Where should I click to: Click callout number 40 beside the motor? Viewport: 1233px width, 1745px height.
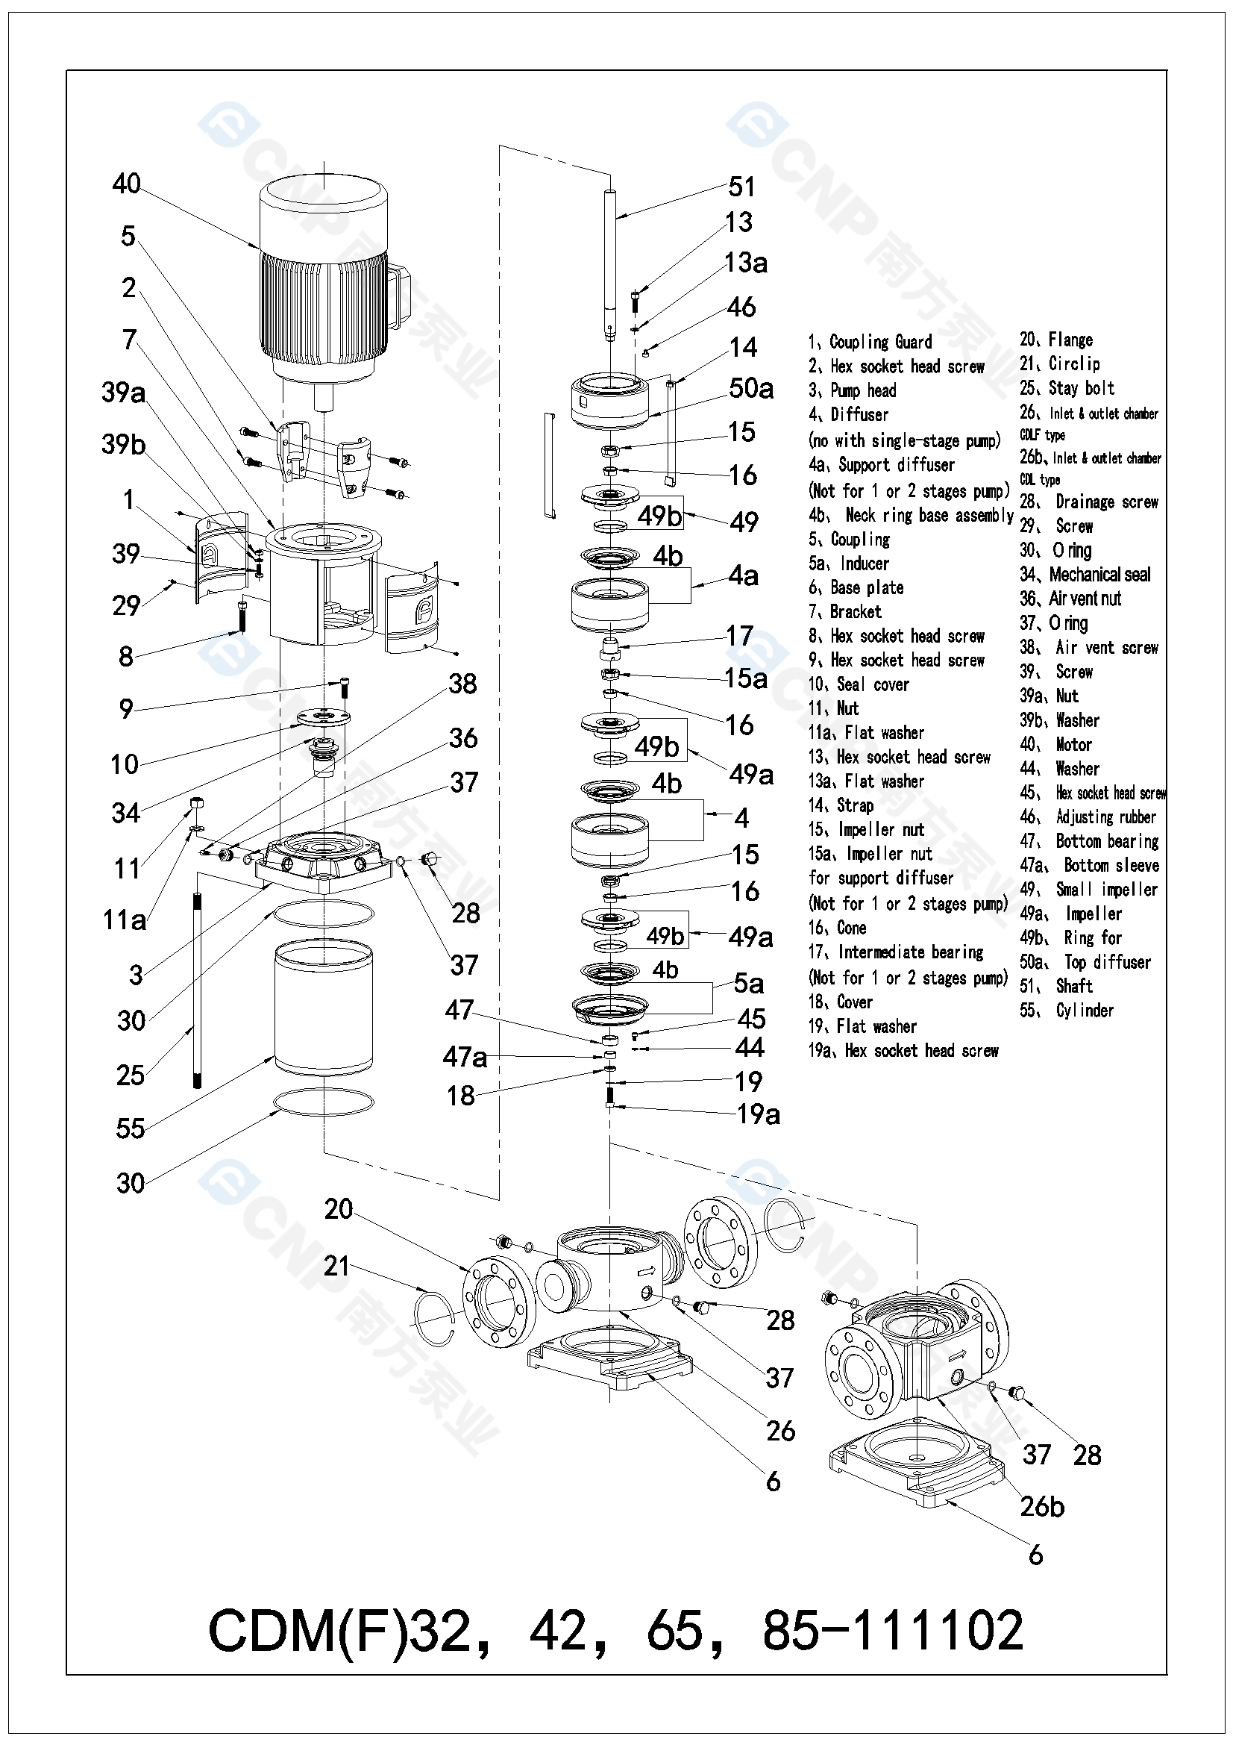(126, 183)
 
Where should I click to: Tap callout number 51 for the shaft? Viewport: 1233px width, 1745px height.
(741, 186)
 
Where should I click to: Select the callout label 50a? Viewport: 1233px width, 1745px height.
(750, 388)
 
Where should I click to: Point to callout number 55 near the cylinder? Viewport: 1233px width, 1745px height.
(130, 1129)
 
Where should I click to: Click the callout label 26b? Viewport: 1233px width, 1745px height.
(1041, 1506)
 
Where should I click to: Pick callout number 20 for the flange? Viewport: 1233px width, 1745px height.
(338, 1208)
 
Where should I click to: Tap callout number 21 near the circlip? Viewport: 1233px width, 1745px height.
(336, 1265)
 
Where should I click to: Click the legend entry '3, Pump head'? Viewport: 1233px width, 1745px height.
(852, 390)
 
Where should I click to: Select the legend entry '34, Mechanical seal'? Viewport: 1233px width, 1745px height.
(1085, 575)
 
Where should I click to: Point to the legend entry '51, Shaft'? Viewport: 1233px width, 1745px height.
(1056, 986)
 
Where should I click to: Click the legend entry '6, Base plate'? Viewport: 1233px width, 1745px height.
(856, 587)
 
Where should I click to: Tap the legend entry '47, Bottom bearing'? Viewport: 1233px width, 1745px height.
(1090, 841)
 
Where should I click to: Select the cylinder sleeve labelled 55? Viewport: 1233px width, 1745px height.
(324, 1007)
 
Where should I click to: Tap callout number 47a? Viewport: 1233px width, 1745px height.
(465, 1056)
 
